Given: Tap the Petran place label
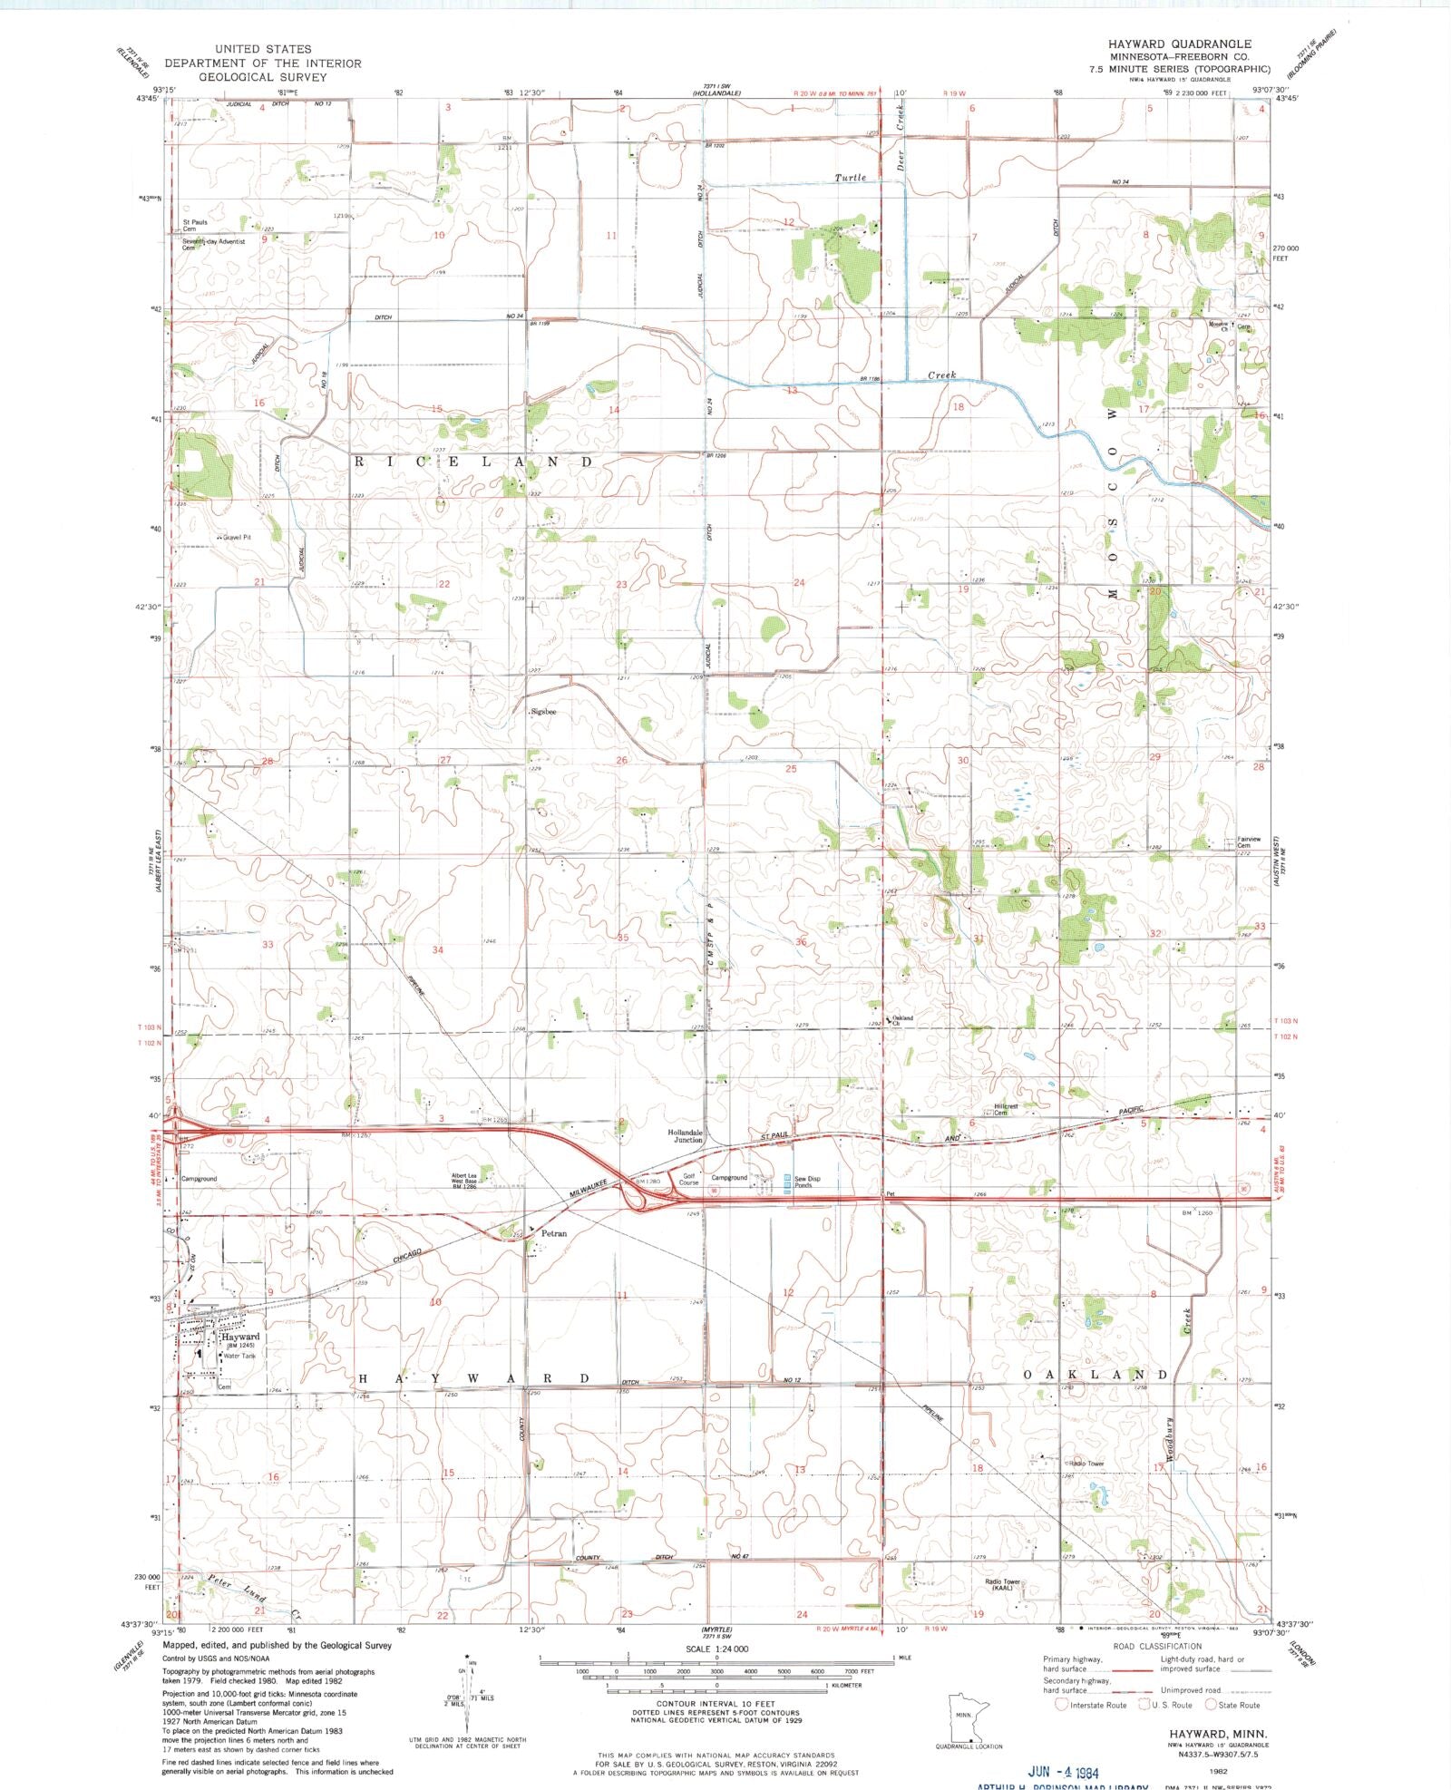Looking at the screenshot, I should click(x=553, y=1233).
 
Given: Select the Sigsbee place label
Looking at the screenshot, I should click(x=544, y=713).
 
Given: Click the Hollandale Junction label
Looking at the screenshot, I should click(x=686, y=1136).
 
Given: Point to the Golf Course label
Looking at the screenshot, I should click(x=689, y=1179).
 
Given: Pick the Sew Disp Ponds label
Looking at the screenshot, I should click(x=807, y=1182).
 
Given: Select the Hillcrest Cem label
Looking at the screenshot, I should click(x=1006, y=1109).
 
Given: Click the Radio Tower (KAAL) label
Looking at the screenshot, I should click(x=1003, y=1584).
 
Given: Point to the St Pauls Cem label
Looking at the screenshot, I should click(x=195, y=225).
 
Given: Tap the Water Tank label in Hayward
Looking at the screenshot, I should click(x=239, y=1357).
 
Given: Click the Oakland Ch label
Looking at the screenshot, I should click(x=902, y=1021).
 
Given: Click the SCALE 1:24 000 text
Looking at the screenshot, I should click(x=716, y=1649).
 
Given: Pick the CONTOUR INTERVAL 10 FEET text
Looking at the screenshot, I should click(x=716, y=1704).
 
